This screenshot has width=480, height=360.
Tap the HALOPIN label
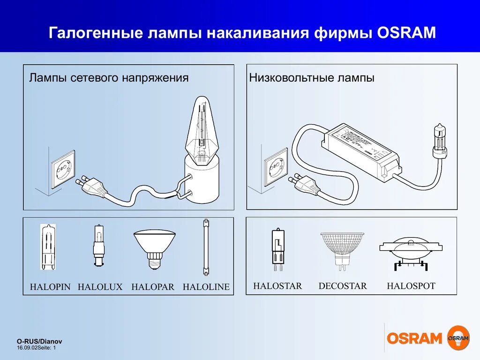(x=50, y=287)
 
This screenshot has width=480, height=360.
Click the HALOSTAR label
(x=277, y=285)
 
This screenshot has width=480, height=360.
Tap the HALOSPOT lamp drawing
(x=411, y=253)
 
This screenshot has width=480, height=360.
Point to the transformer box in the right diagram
(x=361, y=151)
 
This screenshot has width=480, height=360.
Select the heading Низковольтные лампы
(x=312, y=78)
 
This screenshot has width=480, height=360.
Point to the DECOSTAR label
(x=343, y=285)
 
